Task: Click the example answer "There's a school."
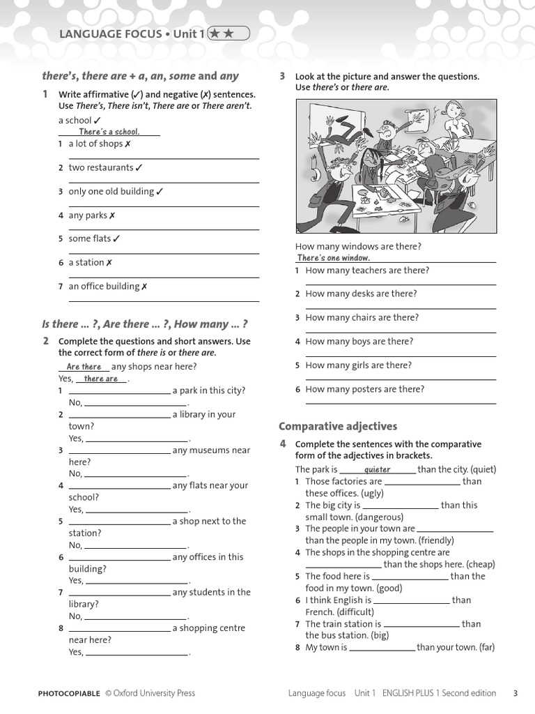[109, 132]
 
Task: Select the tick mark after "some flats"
[116, 238]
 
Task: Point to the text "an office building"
[104, 286]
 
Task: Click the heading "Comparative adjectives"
[338, 426]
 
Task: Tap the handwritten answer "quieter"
[378, 469]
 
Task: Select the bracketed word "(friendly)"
[430, 540]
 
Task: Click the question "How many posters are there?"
[364, 389]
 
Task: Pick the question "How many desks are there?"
[361, 294]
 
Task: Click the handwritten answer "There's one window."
[334, 258]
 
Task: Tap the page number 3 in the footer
[515, 693]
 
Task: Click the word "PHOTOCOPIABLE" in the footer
[69, 693]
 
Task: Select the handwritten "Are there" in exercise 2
[84, 367]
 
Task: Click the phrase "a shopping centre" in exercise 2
[209, 628]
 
